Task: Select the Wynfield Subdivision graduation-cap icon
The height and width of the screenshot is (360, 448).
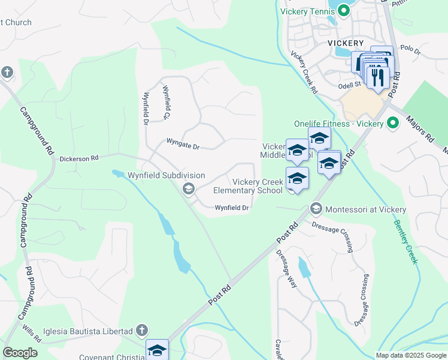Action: pyautogui.click(x=189, y=190)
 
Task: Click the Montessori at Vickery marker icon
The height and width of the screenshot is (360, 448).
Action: pyautogui.click(x=316, y=209)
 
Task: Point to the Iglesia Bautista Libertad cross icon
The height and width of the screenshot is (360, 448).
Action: pyautogui.click(x=141, y=331)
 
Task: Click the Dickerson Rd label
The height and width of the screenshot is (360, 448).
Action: pyautogui.click(x=78, y=159)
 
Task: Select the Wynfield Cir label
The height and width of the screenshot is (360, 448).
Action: pyautogui.click(x=167, y=102)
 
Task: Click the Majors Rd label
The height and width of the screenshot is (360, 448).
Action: pyautogui.click(x=421, y=130)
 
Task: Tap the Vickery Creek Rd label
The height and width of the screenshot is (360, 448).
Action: pyautogui.click(x=304, y=73)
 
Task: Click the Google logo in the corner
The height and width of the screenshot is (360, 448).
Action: pyautogui.click(x=19, y=353)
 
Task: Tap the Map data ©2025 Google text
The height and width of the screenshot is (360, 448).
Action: pyautogui.click(x=410, y=355)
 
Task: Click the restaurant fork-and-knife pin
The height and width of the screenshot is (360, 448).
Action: pyautogui.click(x=378, y=77)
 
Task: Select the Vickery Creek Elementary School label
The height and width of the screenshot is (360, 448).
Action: pyautogui.click(x=249, y=186)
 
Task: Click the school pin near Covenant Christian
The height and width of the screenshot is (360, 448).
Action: pyautogui.click(x=157, y=350)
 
